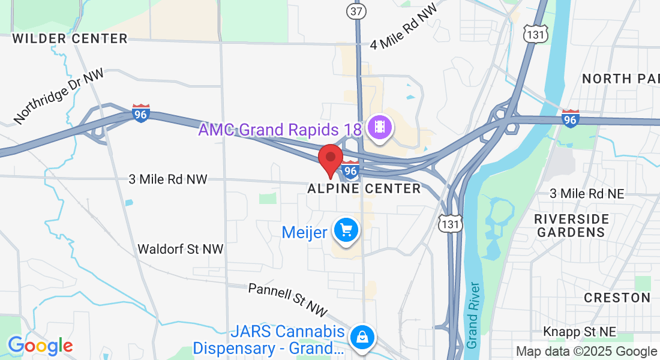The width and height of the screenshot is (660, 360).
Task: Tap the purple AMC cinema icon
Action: pos(380,127)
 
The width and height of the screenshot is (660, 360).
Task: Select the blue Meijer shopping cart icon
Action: pos(346,230)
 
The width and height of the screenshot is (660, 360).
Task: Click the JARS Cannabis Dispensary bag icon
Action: pos(362,337)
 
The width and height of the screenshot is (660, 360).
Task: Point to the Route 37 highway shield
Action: pos(356,11)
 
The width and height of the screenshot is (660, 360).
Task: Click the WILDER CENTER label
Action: pos(70,39)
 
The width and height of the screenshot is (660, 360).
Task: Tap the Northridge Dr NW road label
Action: pos(59,96)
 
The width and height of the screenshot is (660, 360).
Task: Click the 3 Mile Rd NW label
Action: pos(168,179)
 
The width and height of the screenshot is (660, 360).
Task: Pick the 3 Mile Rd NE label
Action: pos(587,193)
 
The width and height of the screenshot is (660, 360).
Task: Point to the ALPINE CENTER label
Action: pos(364,189)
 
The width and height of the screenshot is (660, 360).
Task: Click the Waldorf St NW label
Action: pos(180,249)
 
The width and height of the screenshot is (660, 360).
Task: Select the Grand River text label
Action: pos(473,315)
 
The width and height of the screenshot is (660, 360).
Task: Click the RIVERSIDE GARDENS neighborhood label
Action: pos(571,226)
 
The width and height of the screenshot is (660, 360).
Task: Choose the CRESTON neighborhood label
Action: pos(617,298)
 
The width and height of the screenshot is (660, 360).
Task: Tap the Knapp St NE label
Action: pos(580,332)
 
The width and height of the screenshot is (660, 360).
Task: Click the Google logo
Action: pos(40,346)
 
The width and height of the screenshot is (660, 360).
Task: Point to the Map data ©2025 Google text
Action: pos(586,352)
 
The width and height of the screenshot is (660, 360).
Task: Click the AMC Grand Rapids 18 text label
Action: pos(280,130)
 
